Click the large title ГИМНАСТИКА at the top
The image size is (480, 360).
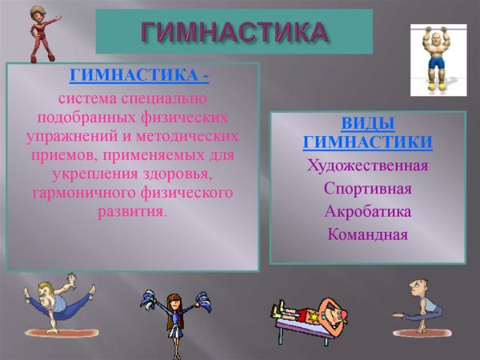(234, 31)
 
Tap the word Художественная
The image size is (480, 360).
(367, 166)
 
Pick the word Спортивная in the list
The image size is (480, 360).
(367, 190)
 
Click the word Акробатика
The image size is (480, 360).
(367, 212)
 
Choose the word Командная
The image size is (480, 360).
(367, 235)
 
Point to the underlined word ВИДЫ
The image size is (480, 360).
(367, 124)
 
